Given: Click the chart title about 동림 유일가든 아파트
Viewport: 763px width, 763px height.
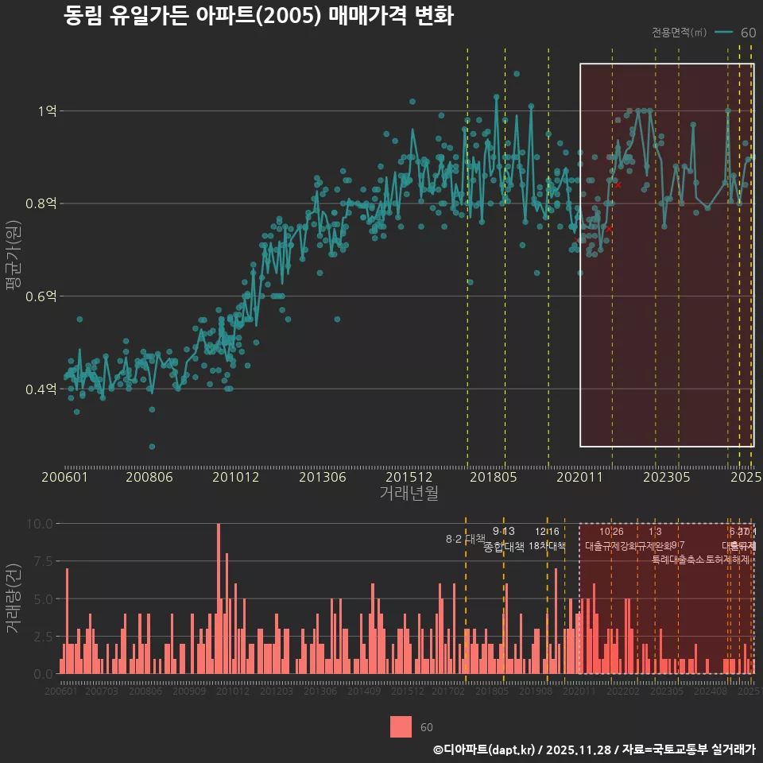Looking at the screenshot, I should coord(258,16).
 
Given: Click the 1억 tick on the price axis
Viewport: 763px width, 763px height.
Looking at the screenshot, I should coord(46,111).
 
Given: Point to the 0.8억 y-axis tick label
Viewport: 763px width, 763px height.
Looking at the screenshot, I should coord(41,203).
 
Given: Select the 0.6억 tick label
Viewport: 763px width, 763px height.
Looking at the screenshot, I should coord(41,296).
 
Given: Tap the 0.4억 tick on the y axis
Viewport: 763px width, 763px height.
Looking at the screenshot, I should coord(41,389).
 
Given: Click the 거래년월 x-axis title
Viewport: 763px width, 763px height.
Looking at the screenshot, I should coord(409,494).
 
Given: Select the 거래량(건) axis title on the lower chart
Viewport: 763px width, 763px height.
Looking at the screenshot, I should coord(13,598).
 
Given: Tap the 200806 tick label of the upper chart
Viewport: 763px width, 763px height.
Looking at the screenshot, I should coord(150,478).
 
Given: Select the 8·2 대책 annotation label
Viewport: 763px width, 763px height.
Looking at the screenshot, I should coord(466,539).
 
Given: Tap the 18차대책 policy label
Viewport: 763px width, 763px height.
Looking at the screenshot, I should coord(547,546).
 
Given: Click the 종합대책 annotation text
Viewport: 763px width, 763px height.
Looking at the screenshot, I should coord(504,546).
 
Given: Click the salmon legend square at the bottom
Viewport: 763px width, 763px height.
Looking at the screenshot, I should coord(401,726).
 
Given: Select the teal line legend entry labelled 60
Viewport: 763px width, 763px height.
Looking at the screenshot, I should coord(734,33).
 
